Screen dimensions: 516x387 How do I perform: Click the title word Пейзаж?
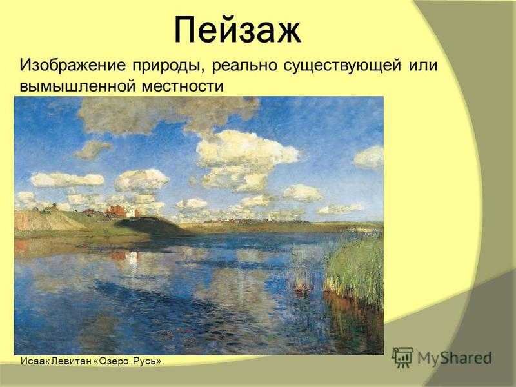[237, 30]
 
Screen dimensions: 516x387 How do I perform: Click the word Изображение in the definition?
[72, 65]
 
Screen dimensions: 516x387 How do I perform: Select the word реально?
[244, 66]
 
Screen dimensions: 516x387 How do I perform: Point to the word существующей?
[342, 66]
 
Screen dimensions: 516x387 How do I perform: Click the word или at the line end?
[424, 66]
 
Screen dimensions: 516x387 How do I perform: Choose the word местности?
[183, 86]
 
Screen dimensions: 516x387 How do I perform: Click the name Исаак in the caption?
[31, 361]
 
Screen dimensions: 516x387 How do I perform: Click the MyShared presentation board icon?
[402, 357]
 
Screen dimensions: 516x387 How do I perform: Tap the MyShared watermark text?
[455, 357]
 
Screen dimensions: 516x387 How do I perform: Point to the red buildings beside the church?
[116, 211]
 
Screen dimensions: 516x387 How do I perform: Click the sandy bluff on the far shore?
[43, 221]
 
